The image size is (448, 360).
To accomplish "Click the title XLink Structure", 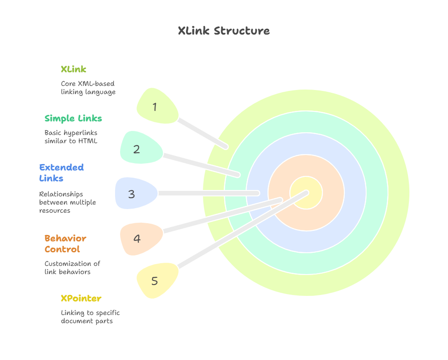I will point(223,31).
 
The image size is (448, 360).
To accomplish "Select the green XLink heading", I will point(73,70).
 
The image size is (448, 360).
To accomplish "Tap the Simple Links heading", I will point(73,119).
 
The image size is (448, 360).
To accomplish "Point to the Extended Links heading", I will point(61,173).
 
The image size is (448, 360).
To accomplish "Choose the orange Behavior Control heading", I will point(65,244).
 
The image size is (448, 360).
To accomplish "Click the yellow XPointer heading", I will point(81,299).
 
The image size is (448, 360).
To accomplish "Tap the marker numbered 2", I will point(139,149).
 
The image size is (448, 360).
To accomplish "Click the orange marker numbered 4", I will point(139,238).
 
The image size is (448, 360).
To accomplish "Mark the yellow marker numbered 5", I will point(156,280).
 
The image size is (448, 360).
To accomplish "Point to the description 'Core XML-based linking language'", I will point(88,88).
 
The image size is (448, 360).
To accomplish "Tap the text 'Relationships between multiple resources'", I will point(67,202).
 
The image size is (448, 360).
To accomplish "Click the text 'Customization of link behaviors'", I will point(72,268).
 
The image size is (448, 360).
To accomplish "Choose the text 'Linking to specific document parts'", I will point(90,317).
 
